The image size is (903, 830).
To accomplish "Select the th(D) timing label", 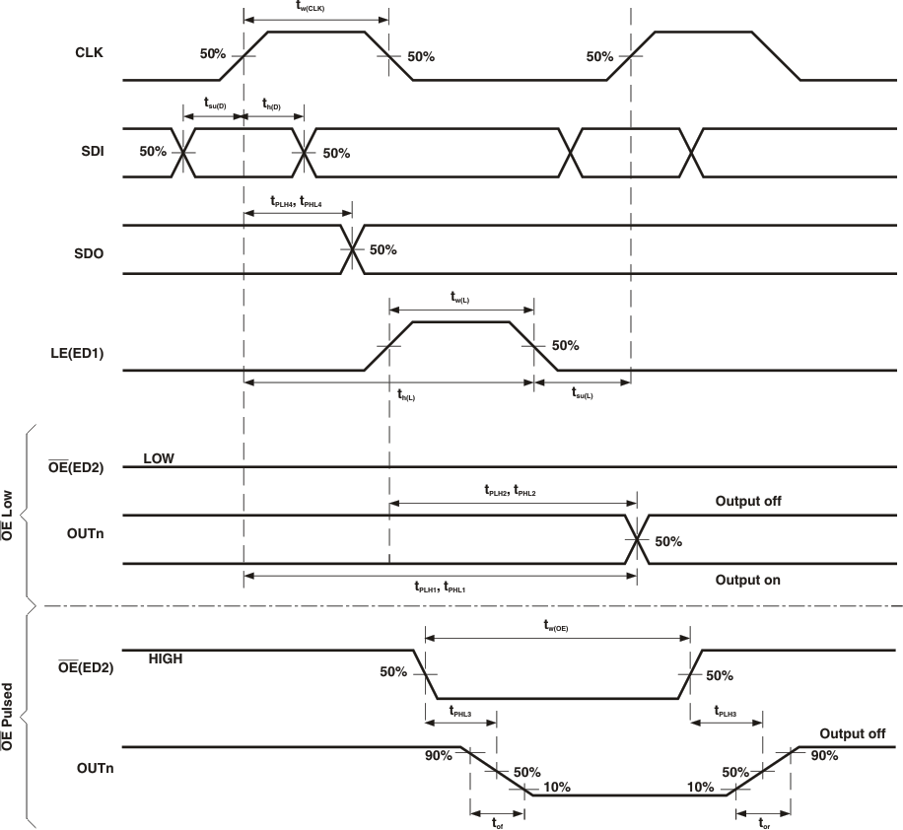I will (x=270, y=104).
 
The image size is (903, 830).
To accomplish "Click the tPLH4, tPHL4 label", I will (x=296, y=200).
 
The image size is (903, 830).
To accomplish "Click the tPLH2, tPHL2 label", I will (x=510, y=490).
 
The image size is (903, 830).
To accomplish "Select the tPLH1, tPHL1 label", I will (x=440, y=587).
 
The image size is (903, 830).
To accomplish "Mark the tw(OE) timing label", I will (x=556, y=625).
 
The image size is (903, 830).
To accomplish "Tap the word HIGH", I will (x=167, y=657).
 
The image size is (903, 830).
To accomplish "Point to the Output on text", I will (x=748, y=580).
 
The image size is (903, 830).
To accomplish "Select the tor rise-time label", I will (x=764, y=821).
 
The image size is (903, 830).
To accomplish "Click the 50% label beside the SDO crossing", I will (x=382, y=249).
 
